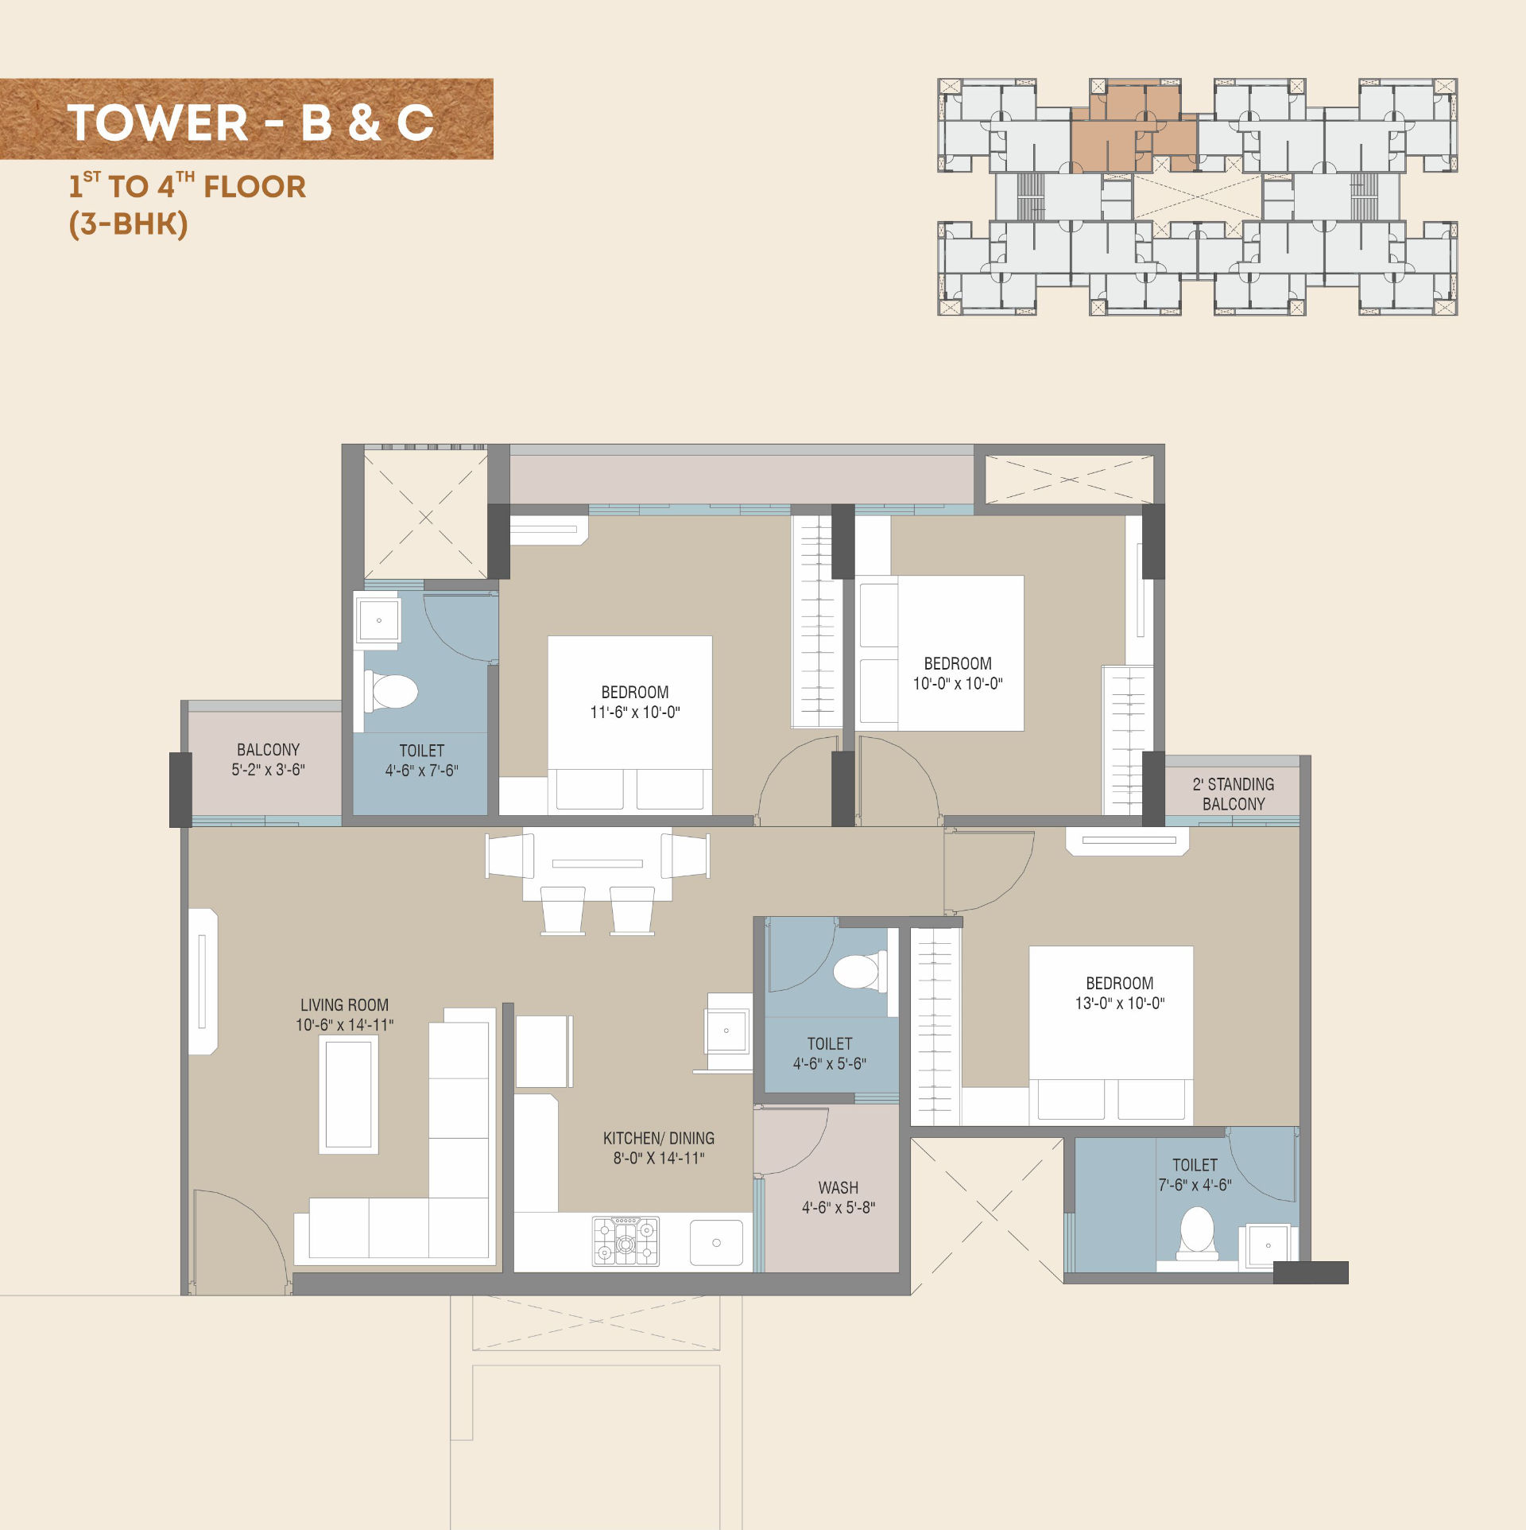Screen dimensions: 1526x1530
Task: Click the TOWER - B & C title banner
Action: point(246,119)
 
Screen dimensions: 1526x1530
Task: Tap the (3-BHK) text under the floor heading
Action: point(129,223)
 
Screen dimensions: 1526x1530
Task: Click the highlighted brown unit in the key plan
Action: point(1133,126)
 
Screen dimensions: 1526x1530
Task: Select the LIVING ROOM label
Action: point(344,1005)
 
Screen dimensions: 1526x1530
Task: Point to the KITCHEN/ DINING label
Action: point(659,1138)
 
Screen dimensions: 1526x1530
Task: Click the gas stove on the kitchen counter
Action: point(626,1241)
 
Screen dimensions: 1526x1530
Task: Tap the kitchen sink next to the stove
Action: point(716,1242)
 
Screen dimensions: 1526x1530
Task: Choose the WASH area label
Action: point(839,1187)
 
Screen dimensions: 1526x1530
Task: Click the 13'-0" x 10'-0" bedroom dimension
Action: point(1120,1004)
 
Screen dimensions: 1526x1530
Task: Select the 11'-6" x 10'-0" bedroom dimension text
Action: point(635,713)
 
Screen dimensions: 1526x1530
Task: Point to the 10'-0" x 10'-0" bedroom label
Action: point(958,674)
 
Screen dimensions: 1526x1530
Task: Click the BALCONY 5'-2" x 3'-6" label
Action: point(268,759)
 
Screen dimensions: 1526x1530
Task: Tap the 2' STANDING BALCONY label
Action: point(1234,794)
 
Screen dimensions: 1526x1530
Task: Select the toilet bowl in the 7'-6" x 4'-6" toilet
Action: point(1197,1233)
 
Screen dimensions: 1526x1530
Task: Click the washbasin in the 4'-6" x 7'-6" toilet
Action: point(378,620)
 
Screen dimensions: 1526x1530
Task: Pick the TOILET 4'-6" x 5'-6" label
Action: point(830,1054)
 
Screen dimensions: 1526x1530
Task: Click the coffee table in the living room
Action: point(349,1094)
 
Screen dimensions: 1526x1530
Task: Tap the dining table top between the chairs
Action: point(598,864)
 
